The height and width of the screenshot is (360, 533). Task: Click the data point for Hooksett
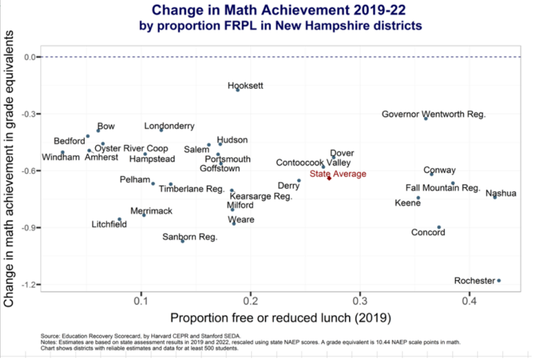[x=238, y=90]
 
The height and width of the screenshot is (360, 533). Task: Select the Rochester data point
[x=499, y=280]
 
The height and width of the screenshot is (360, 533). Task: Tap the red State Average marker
[x=329, y=179]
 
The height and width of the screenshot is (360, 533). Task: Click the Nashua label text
[x=500, y=194]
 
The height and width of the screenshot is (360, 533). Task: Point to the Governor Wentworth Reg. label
[x=434, y=114]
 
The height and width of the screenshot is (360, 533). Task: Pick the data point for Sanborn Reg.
[x=183, y=241]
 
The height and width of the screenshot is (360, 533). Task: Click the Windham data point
[x=62, y=153]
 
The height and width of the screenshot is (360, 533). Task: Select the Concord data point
[x=439, y=228]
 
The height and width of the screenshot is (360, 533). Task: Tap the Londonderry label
[x=169, y=126]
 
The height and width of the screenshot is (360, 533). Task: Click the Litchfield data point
[x=119, y=219]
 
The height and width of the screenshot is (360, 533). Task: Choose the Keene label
[x=407, y=203]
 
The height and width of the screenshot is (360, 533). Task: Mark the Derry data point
[x=299, y=180]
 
